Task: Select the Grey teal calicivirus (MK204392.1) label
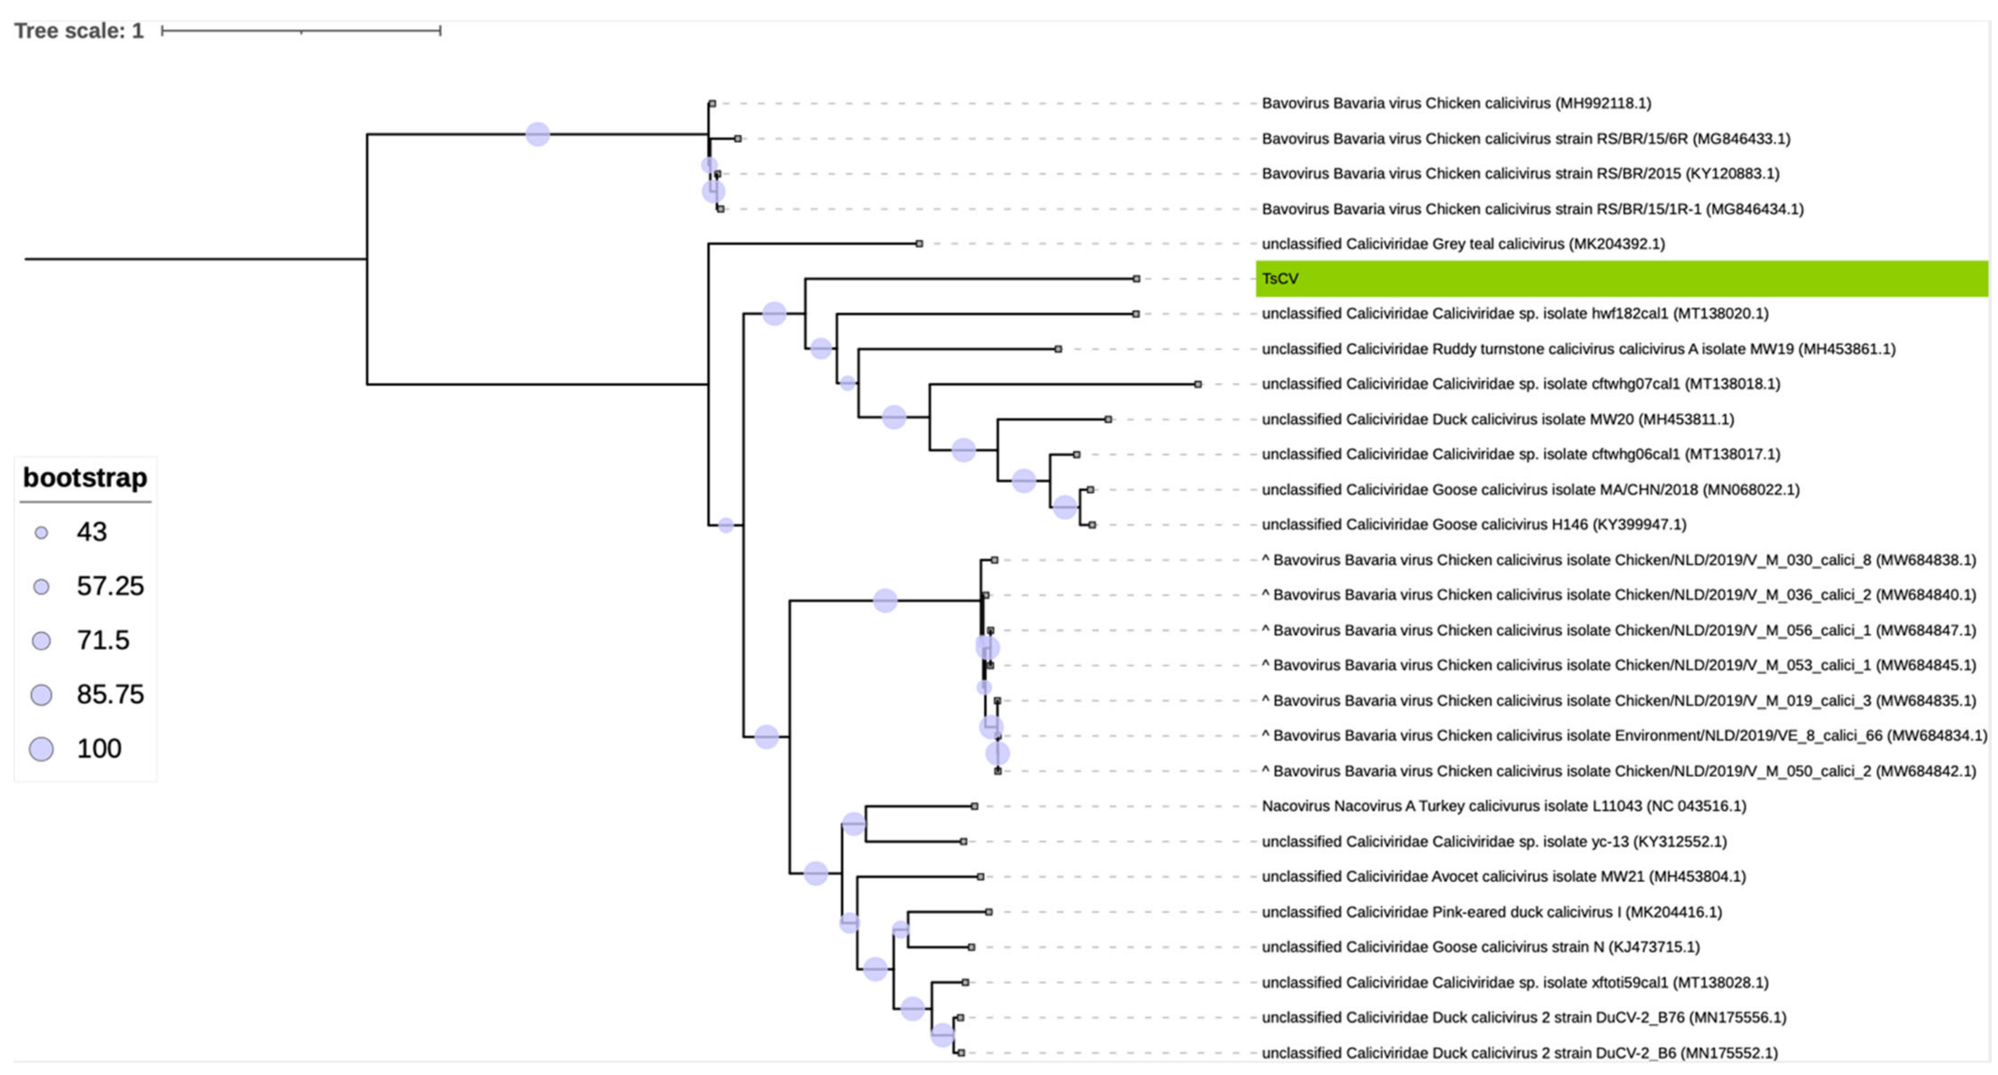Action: click(x=1463, y=244)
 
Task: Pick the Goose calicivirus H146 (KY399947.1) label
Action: click(x=1474, y=524)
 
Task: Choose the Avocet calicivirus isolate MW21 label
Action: click(x=1503, y=876)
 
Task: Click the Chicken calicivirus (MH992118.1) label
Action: click(x=1456, y=103)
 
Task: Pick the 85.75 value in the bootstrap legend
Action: click(x=110, y=694)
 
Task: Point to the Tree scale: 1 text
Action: click(x=78, y=31)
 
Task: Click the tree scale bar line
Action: click(x=301, y=31)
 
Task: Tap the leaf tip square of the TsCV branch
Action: click(x=1136, y=279)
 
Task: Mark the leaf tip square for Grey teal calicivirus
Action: click(x=919, y=244)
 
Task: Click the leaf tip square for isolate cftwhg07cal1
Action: click(x=1198, y=384)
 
